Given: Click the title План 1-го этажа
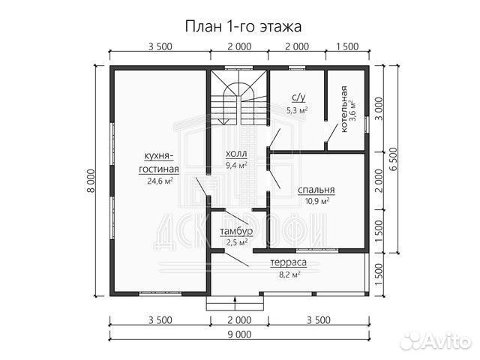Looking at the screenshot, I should pyautogui.click(x=239, y=28).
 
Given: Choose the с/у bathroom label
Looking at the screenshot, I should pyautogui.click(x=298, y=98).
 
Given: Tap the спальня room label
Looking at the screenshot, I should pyautogui.click(x=316, y=190).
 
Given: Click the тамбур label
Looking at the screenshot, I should pyautogui.click(x=235, y=231).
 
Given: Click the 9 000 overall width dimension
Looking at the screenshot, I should pyautogui.click(x=239, y=336).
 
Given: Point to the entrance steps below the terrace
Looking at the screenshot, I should pyautogui.click(x=235, y=304).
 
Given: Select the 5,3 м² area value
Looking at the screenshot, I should pyautogui.click(x=298, y=109).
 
